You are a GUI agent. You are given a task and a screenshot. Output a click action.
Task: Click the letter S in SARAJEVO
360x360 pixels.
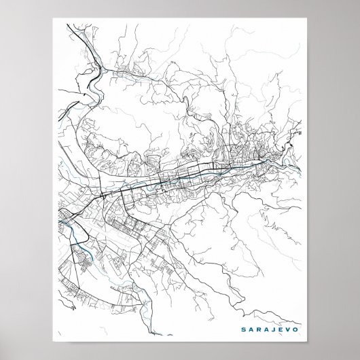[243, 329]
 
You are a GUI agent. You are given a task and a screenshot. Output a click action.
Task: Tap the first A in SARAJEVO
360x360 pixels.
[251, 329]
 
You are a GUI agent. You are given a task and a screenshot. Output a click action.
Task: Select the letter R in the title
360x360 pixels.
[259, 329]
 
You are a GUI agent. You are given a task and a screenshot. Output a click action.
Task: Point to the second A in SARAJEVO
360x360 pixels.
[268, 329]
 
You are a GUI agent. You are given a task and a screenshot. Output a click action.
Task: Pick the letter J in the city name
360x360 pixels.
[275, 329]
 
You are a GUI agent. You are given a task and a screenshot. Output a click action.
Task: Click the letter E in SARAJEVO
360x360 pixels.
[283, 329]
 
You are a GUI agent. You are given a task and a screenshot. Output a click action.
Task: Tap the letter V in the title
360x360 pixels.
[291, 329]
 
